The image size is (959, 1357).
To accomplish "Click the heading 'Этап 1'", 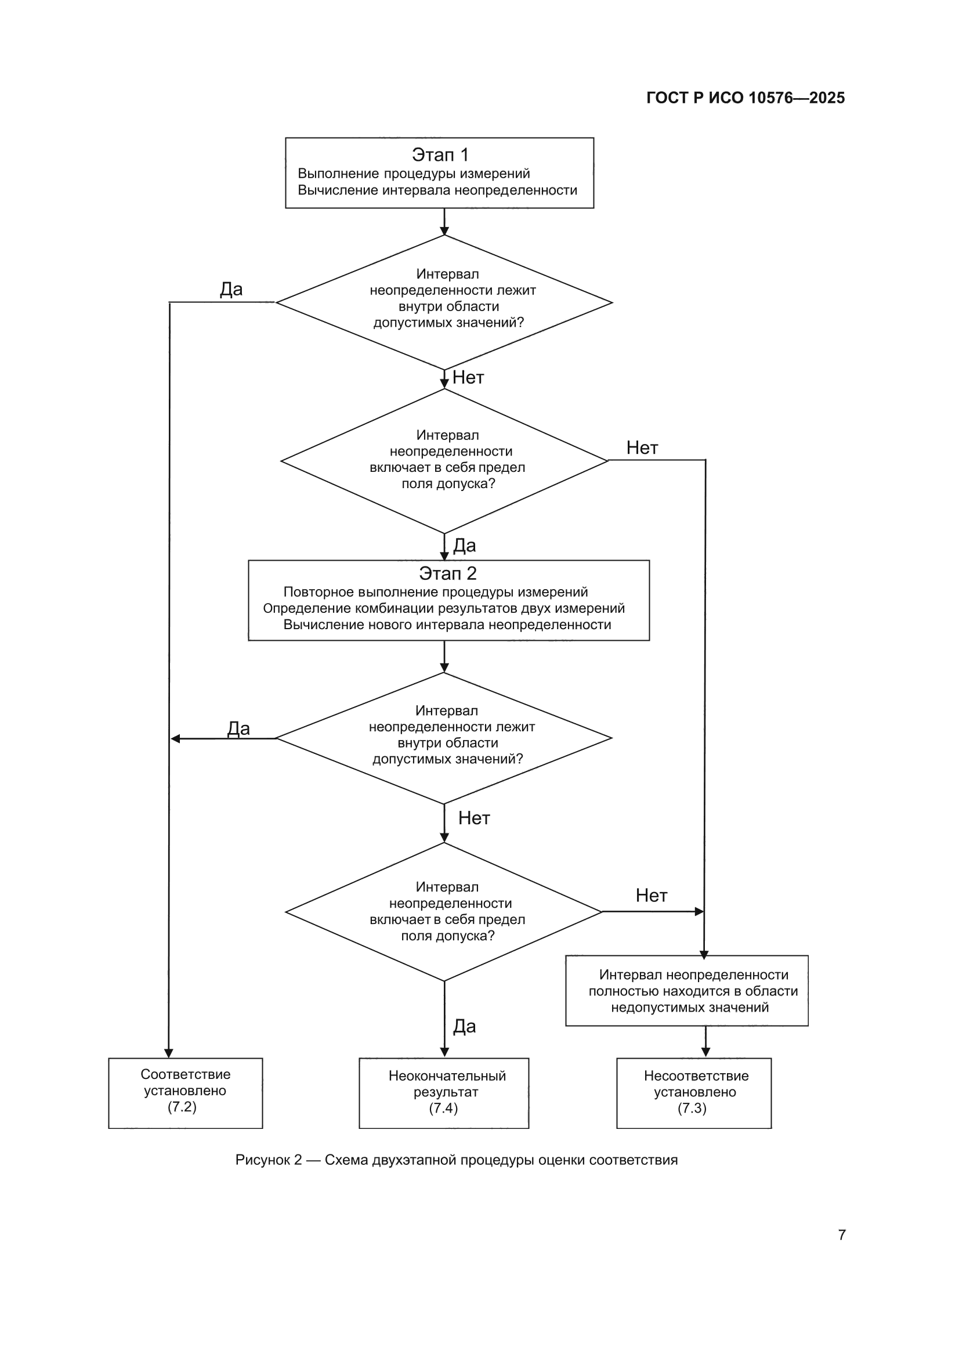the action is pyautogui.click(x=440, y=155).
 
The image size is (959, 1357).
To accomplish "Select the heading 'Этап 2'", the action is pyautogui.click(x=447, y=573).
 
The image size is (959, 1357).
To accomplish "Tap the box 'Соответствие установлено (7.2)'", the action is pyautogui.click(x=186, y=1093).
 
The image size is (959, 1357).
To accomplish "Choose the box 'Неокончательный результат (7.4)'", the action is pyautogui.click(x=444, y=1093).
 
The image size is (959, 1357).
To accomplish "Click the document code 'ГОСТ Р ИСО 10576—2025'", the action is pyautogui.click(x=746, y=98).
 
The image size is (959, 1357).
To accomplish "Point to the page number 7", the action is pyautogui.click(x=842, y=1235).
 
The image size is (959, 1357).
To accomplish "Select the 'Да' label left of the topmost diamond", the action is pyautogui.click(x=231, y=289).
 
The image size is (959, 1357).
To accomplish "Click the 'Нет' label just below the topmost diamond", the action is pyautogui.click(x=468, y=378).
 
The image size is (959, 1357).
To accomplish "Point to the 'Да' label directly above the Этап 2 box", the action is pyautogui.click(x=465, y=546).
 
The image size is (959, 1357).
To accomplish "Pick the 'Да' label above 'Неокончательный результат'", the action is pyautogui.click(x=465, y=1027).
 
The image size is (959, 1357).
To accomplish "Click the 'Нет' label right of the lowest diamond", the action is pyautogui.click(x=651, y=896).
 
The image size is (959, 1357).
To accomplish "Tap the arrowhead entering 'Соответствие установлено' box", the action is pyautogui.click(x=168, y=1053).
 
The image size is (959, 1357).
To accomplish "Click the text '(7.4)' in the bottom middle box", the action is pyautogui.click(x=444, y=1108).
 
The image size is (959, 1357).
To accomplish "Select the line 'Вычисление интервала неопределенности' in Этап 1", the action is pyautogui.click(x=437, y=190).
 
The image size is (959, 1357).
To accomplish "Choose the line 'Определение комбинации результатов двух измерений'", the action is pyautogui.click(x=444, y=609).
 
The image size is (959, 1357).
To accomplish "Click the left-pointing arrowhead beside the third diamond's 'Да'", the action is pyautogui.click(x=175, y=739).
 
